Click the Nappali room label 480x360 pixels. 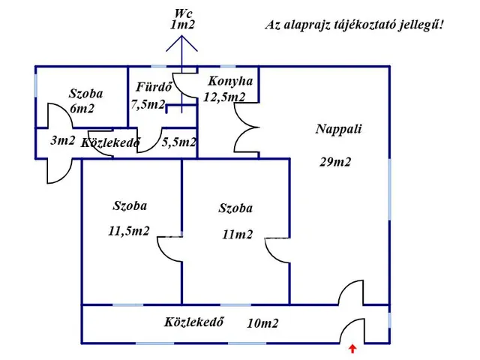(338, 128)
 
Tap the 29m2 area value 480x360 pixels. (334, 161)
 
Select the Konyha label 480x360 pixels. (230, 81)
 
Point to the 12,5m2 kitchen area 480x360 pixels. (224, 97)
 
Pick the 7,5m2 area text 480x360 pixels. (148, 104)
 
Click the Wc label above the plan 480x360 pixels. (182, 13)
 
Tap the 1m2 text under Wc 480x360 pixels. (182, 25)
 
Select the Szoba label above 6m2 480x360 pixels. (85, 94)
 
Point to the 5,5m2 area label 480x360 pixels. (179, 141)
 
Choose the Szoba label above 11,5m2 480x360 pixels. (130, 205)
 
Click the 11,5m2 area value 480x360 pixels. (129, 231)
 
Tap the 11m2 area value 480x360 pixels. (237, 235)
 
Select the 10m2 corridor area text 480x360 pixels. (262, 324)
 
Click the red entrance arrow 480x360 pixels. (353, 347)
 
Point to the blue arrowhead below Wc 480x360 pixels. (182, 41)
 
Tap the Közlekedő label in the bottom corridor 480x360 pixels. (195, 323)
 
